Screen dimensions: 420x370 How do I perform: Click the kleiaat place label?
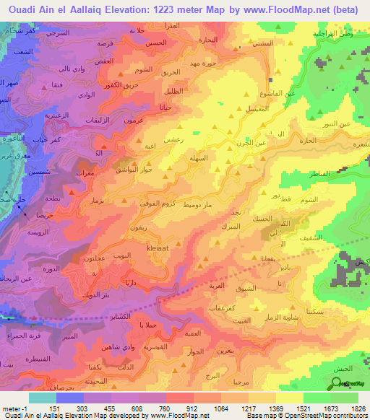[158, 248]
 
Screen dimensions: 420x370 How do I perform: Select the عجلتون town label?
[96, 258]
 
